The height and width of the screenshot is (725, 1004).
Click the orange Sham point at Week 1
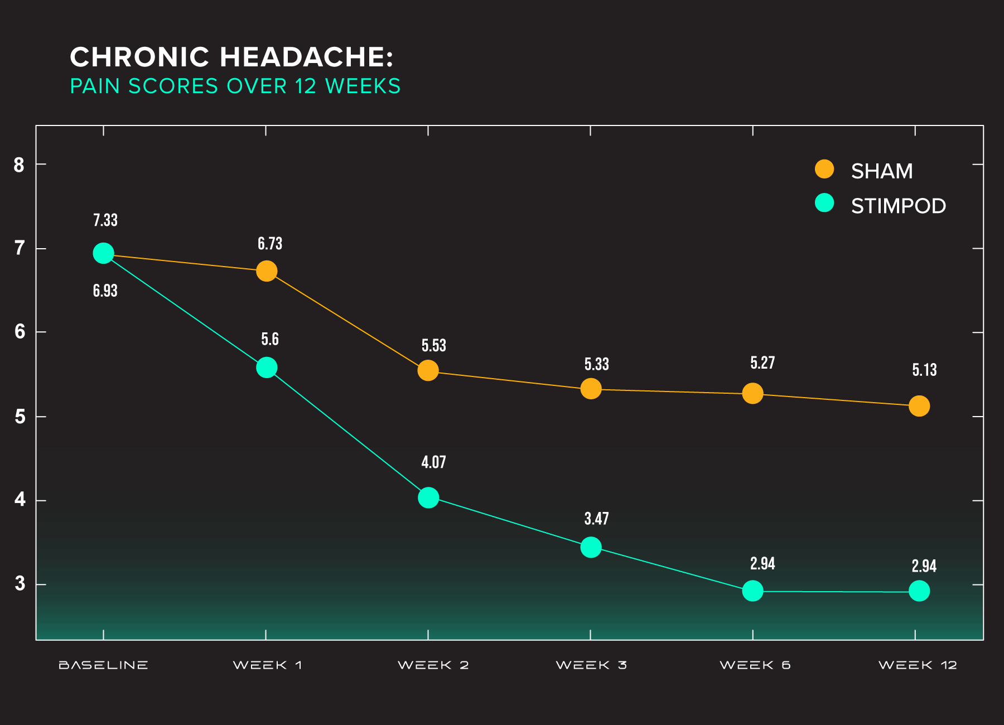pos(267,272)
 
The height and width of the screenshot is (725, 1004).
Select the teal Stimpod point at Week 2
pos(428,497)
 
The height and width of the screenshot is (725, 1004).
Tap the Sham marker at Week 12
pos(919,406)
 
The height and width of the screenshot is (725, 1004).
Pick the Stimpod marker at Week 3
pos(591,547)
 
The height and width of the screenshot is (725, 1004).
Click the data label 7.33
pos(105,220)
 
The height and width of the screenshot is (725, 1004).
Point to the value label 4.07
pos(433,462)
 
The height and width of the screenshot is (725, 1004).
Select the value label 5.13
pos(924,370)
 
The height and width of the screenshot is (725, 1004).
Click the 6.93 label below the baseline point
pos(105,291)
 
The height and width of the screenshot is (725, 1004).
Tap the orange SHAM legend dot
pos(824,169)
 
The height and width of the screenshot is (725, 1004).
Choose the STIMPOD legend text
pos(898,206)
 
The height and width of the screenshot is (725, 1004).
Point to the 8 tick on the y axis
pos(20,165)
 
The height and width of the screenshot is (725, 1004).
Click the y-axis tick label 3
pos(20,583)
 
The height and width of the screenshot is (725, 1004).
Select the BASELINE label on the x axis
pos(103,665)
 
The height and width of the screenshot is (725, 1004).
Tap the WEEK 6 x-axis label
pos(755,665)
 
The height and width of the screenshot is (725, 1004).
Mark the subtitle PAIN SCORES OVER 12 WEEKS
pos(235,86)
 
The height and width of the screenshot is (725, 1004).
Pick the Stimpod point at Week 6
pos(752,591)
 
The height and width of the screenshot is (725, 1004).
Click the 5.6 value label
pos(270,339)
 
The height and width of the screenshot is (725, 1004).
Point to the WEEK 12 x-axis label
pos(918,665)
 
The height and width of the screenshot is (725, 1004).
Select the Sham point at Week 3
pos(591,389)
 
